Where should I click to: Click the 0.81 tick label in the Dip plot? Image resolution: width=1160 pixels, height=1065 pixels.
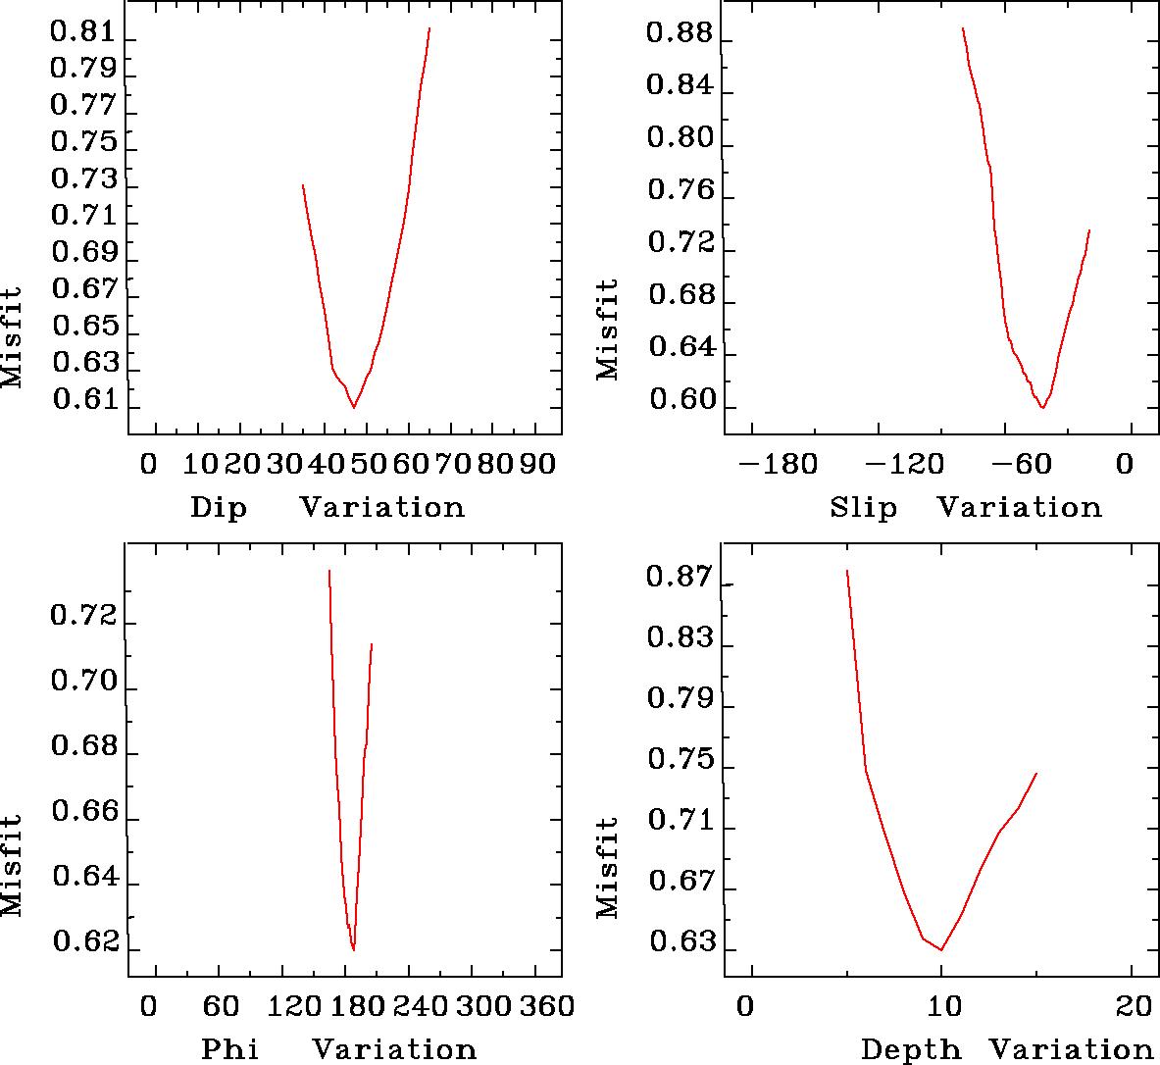click(x=83, y=32)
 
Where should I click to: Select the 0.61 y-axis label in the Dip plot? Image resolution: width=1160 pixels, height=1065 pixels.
click(x=83, y=401)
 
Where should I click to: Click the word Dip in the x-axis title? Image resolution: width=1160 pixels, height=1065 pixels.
click(x=219, y=508)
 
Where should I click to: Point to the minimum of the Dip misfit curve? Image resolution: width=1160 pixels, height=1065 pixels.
click(x=354, y=406)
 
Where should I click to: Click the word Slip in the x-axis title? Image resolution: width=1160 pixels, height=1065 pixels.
click(x=863, y=508)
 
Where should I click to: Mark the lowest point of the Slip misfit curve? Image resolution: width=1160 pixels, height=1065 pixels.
click(x=1042, y=407)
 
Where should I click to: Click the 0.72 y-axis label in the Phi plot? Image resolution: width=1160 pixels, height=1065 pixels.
click(x=83, y=618)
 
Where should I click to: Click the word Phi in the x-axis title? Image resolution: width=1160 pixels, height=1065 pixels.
click(x=230, y=1049)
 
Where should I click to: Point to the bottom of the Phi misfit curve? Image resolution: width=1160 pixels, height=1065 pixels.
click(x=353, y=949)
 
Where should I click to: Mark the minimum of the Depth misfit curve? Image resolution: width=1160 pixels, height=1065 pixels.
click(x=941, y=949)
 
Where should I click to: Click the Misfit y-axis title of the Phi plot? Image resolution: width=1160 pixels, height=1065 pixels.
click(x=12, y=866)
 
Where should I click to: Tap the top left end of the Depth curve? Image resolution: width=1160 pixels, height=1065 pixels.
click(x=846, y=571)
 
